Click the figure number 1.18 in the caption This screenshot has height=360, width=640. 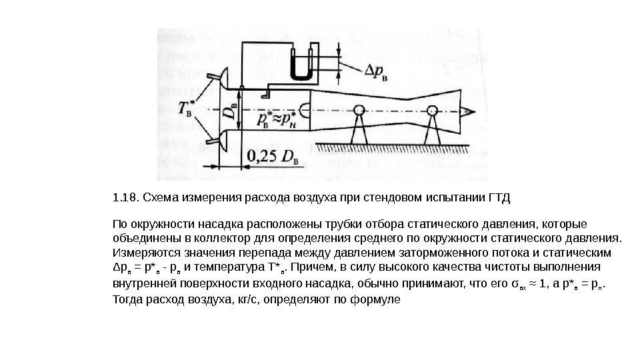(124, 198)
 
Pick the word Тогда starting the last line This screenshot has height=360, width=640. (129, 300)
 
